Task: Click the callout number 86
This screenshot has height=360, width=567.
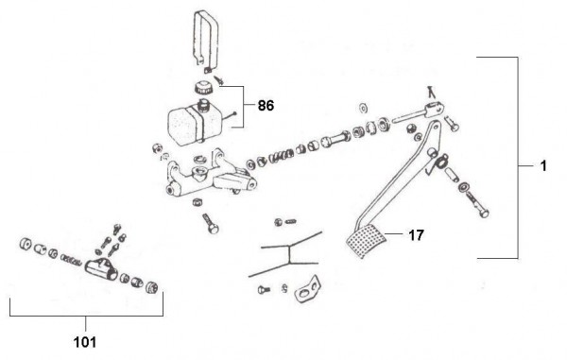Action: click(x=266, y=106)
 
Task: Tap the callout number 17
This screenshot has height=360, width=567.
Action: click(x=416, y=235)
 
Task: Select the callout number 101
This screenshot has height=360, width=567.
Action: click(x=85, y=342)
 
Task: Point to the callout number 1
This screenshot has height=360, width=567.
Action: click(x=543, y=166)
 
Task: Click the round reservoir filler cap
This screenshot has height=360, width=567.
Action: click(x=203, y=88)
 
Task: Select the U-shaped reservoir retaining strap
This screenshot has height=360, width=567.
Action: click(x=206, y=42)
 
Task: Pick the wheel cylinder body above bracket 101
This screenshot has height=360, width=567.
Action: click(x=101, y=269)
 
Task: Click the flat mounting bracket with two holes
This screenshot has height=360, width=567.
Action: click(x=308, y=288)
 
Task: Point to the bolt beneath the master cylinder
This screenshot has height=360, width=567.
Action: click(x=211, y=223)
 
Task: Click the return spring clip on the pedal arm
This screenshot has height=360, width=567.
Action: click(x=438, y=163)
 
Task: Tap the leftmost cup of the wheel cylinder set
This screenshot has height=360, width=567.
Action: click(x=26, y=244)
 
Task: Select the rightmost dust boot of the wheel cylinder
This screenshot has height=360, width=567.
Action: click(x=152, y=286)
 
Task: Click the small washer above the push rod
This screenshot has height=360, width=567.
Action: click(x=363, y=108)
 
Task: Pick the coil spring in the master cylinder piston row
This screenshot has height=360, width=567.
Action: click(x=281, y=156)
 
